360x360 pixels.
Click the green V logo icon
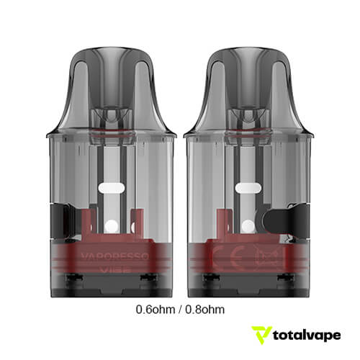pyautogui.click(x=261, y=336)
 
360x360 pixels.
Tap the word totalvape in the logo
pyautogui.click(x=305, y=336)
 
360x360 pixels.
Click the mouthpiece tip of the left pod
pyautogui.click(x=112, y=53)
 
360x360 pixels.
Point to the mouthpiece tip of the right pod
pyautogui.click(x=246, y=53)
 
